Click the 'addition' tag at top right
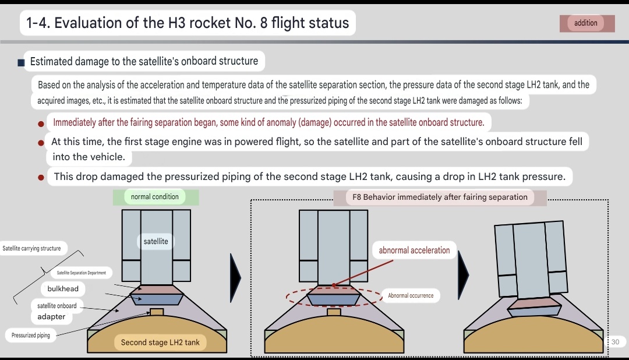pos(586,23)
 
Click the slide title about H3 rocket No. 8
pos(188,23)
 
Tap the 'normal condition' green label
pos(155,197)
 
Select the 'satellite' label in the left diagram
pos(156,241)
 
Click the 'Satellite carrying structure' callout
pos(31,248)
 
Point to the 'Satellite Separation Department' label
pos(82,273)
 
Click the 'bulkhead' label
pos(63,288)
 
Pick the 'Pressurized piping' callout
pos(31,335)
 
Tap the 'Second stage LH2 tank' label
pos(160,343)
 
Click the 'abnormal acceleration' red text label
pos(414,250)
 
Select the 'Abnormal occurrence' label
pos(411,295)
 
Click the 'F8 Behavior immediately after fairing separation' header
pos(440,197)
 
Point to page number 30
pos(616,342)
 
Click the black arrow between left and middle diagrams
pos(235,277)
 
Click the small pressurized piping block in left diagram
pos(156,312)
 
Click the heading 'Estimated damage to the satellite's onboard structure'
pos(144,61)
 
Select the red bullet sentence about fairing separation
pos(268,122)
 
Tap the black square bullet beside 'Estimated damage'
pos(21,62)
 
